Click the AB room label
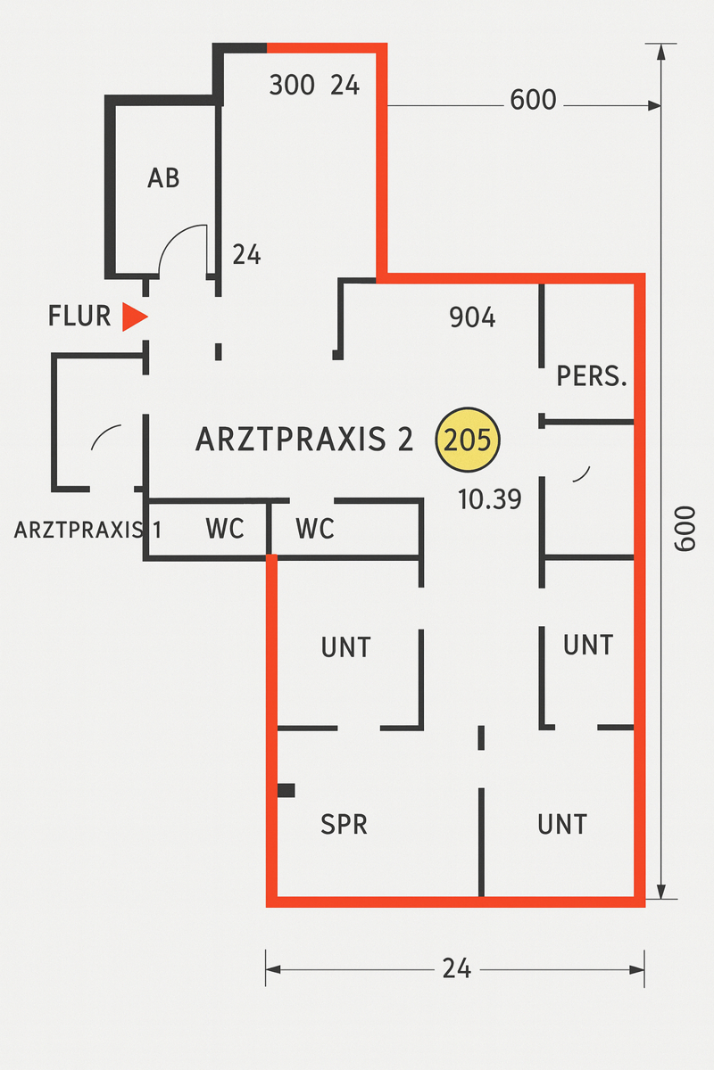click(163, 178)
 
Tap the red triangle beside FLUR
click(134, 317)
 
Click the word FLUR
click(79, 316)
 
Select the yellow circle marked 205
click(468, 440)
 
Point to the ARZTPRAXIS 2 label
click(304, 440)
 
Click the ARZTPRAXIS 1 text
click(87, 530)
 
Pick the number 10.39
click(489, 499)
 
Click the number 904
click(472, 317)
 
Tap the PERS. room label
click(592, 376)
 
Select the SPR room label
click(344, 824)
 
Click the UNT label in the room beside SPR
click(562, 824)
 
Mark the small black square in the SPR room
click(286, 790)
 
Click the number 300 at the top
click(292, 86)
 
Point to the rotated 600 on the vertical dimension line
click(684, 530)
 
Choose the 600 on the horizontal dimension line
click(533, 100)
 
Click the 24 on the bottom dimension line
click(456, 968)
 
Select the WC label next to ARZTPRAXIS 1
click(225, 529)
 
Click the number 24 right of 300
click(345, 86)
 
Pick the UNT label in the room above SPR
click(345, 646)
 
